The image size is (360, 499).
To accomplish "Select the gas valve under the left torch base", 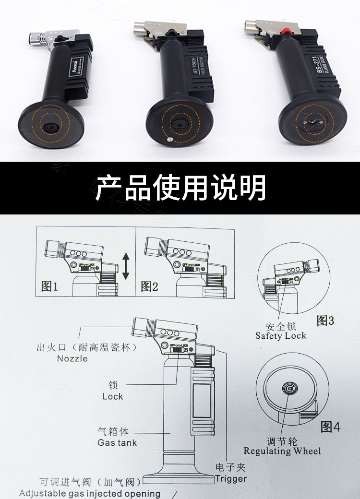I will coord(49,126).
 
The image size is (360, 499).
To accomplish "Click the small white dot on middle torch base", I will coord(169,140).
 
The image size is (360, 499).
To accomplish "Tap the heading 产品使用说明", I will coord(180,187).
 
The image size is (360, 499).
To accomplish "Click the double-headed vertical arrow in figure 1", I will coord(126,267).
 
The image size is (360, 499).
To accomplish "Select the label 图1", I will coord(49,287).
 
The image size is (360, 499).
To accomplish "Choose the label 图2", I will coord(149,287).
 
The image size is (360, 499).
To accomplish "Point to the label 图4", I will coord(330,427).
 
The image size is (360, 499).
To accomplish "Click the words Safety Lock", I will coord(281,336).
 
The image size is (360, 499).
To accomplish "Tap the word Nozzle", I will coord(72,358).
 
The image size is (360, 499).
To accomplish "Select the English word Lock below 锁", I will coord(112,397).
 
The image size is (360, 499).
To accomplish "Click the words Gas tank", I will coord(117,443).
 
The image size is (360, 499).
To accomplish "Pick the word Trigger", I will coord(231,478).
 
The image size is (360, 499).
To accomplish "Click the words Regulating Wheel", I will coord(282,451).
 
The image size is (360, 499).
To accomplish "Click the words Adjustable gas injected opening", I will coord(90,493).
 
